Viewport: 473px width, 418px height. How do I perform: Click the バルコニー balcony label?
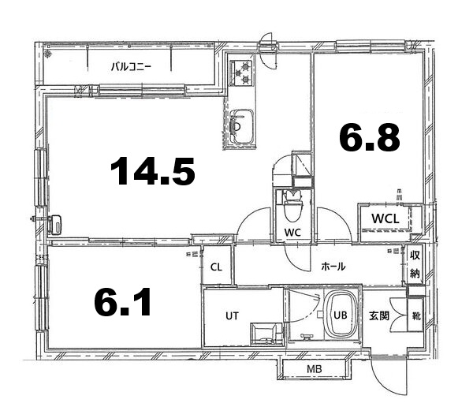coord(131,66)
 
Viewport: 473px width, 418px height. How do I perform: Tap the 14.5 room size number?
coord(153,170)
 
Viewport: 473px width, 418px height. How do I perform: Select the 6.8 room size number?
coord(370,137)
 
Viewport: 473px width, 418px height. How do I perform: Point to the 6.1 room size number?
coord(122,302)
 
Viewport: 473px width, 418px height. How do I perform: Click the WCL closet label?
coord(385,218)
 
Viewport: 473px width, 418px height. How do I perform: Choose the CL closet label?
coord(216,267)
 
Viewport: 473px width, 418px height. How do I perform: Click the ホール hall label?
coord(333,267)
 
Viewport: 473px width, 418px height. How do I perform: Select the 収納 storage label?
coord(415,264)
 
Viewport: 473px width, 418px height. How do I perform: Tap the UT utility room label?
coord(232,316)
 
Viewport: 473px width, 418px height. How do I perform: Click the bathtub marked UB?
coord(341,315)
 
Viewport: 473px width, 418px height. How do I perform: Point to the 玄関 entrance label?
coord(379,316)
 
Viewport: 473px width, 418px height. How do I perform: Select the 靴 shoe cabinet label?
coord(416,316)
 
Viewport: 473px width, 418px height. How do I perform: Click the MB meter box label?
coord(315,369)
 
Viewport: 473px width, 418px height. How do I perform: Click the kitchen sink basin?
coord(241,126)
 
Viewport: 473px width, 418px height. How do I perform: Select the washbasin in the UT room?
coord(266,333)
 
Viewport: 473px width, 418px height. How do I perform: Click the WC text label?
coord(292,233)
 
